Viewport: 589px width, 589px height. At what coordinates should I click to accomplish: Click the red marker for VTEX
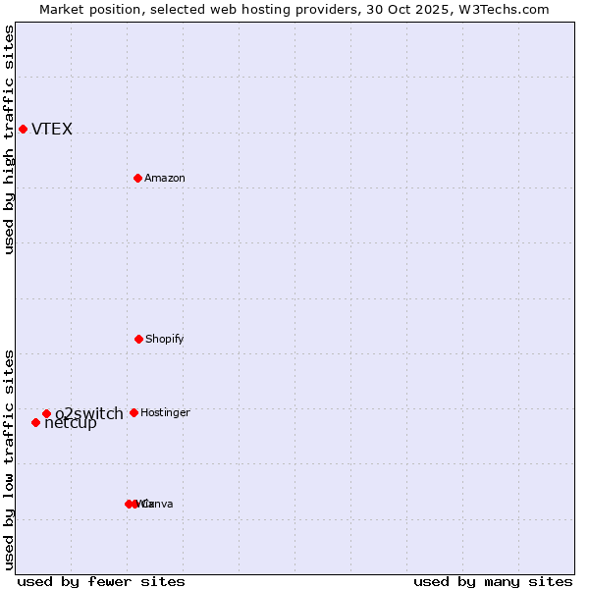tap(23, 129)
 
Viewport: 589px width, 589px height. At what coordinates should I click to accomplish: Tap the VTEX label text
tap(52, 130)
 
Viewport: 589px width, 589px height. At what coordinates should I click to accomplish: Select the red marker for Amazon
tap(137, 178)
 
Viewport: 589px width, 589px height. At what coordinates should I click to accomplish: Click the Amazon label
tap(165, 179)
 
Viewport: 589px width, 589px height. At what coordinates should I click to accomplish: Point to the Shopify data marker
tap(138, 339)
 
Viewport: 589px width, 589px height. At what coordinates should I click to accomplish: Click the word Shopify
tap(165, 340)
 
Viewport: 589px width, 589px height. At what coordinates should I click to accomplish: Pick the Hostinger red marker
tap(134, 412)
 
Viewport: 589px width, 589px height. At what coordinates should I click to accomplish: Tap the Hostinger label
tap(165, 413)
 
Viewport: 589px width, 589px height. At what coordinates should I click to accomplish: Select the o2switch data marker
tap(46, 413)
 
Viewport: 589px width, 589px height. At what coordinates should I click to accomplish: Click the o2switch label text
tap(89, 413)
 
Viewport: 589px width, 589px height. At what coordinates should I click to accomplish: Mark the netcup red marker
tap(35, 422)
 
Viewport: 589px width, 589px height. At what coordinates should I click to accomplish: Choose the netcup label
tap(71, 424)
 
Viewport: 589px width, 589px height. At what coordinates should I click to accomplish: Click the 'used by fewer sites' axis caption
tap(101, 581)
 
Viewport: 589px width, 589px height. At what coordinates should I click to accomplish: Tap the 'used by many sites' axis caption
tap(493, 581)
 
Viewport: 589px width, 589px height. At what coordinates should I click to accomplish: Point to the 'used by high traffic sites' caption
tap(10, 139)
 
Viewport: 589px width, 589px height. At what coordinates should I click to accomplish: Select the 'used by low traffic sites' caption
tap(10, 458)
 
